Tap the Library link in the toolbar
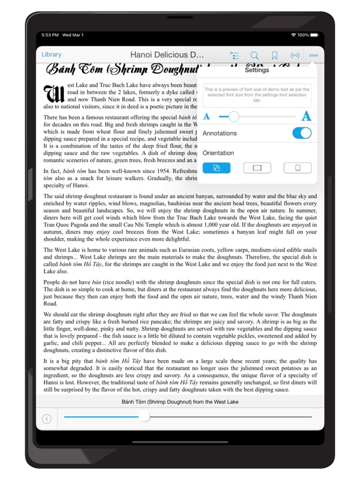tap(51, 54)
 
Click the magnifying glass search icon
tap(254, 56)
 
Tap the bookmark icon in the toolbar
tap(274, 56)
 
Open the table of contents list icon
tap(235, 56)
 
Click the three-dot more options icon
tap(313, 56)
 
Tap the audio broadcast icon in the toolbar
tap(294, 56)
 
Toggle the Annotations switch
tap(301, 133)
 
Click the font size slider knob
tap(233, 116)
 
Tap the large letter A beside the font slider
tap(306, 116)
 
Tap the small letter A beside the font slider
tap(207, 117)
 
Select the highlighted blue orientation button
tap(216, 167)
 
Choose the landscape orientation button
tap(257, 167)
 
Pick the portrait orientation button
tap(297, 167)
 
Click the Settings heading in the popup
tap(257, 70)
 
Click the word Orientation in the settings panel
tap(218, 152)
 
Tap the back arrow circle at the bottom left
tap(46, 419)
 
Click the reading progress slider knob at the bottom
tap(144, 417)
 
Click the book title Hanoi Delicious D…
tap(167, 55)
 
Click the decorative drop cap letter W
tap(53, 94)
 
